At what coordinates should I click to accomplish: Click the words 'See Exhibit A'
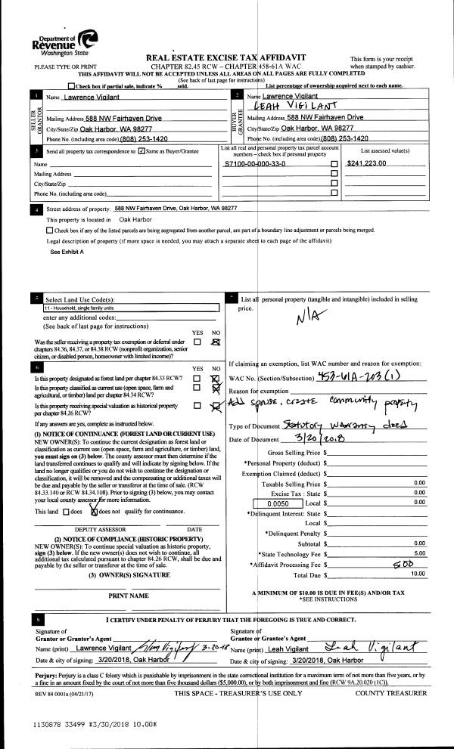click(x=67, y=251)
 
